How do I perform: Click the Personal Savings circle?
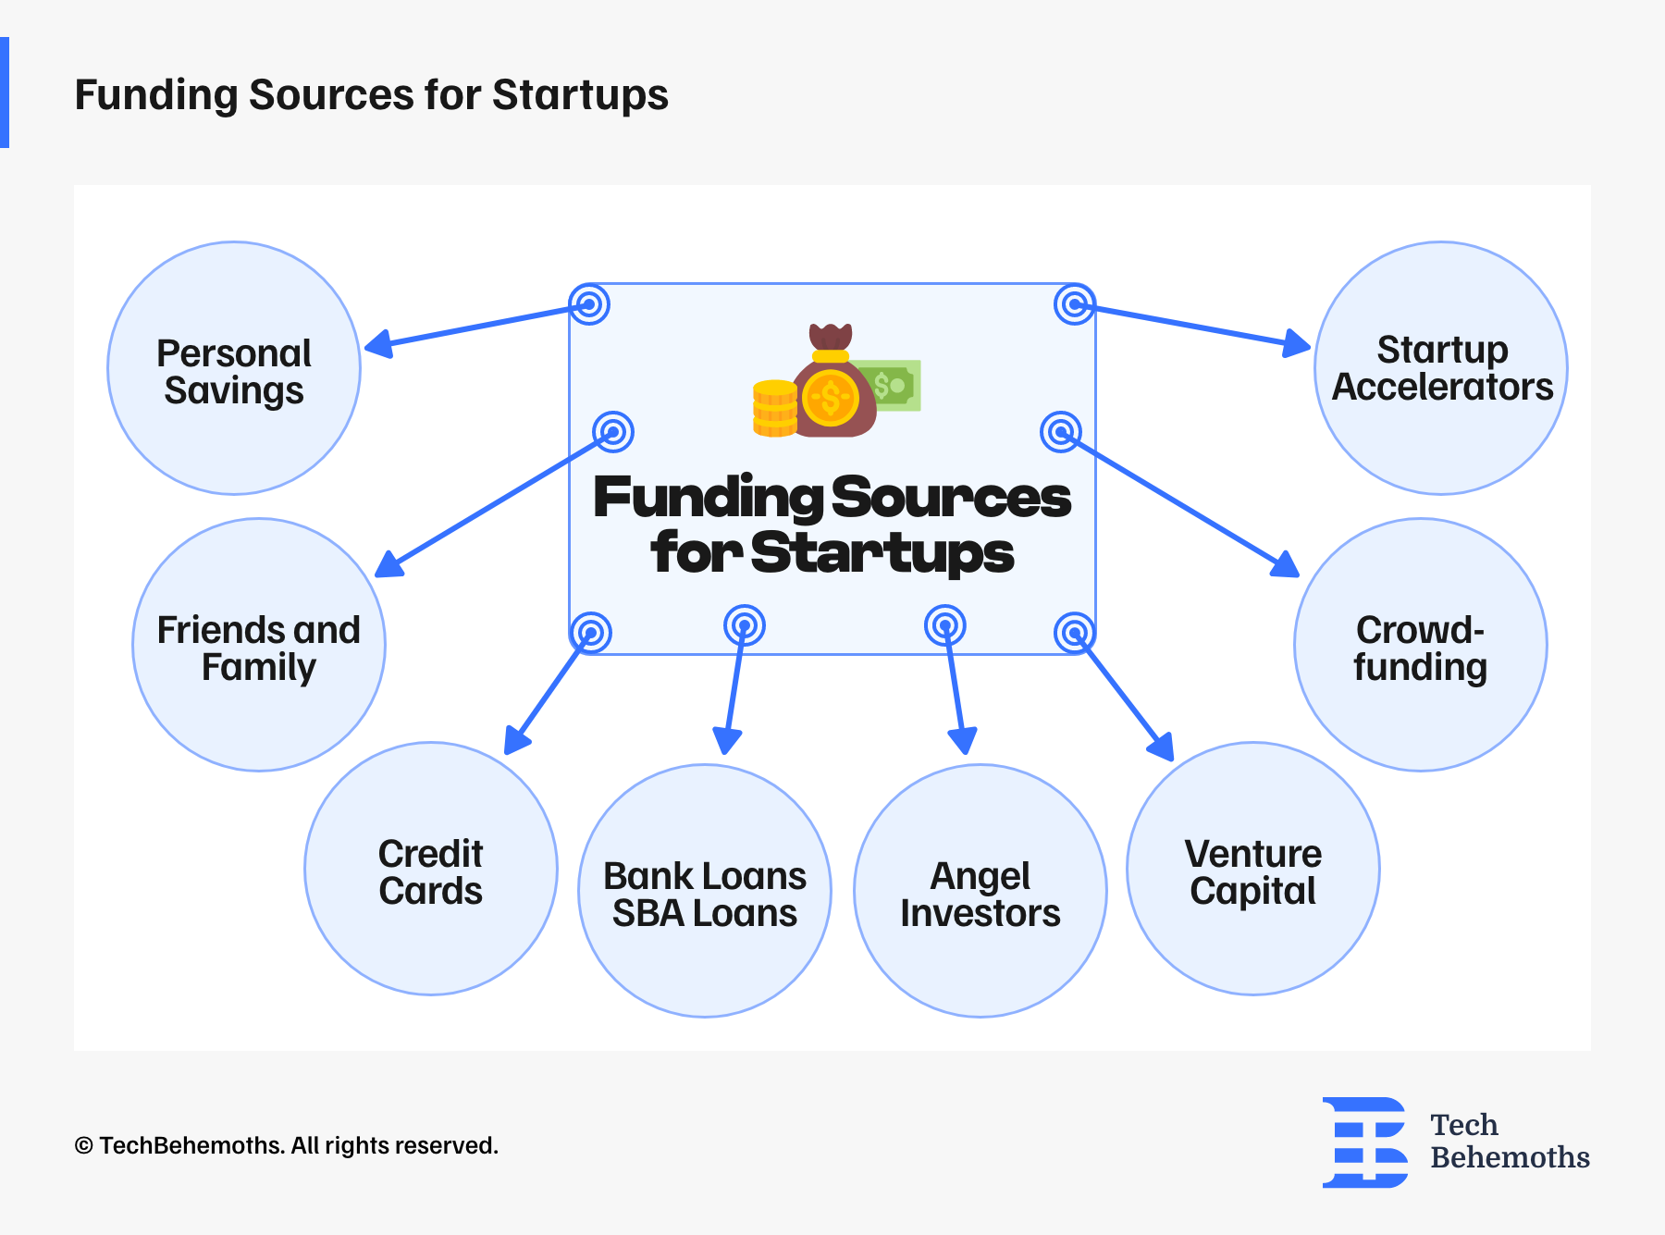point(234,368)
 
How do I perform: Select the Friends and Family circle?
point(259,645)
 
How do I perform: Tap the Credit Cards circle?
point(431,869)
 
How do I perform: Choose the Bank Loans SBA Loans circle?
point(705,891)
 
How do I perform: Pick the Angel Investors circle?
point(980,891)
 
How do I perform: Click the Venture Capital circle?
point(1253,869)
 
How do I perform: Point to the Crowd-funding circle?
point(1421,645)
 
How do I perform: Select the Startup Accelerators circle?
point(1441,368)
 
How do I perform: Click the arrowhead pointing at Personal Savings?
point(379,344)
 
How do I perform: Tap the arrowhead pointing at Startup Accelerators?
point(1297,343)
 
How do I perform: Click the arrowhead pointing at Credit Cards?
point(516,740)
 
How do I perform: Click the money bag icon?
point(832,381)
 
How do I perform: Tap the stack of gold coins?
point(775,408)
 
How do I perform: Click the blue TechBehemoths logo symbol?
point(1365,1142)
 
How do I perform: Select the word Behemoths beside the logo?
point(1510,1157)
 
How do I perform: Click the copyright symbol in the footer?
point(84,1146)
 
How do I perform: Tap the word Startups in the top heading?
point(580,95)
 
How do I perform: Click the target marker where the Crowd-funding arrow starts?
point(1061,432)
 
